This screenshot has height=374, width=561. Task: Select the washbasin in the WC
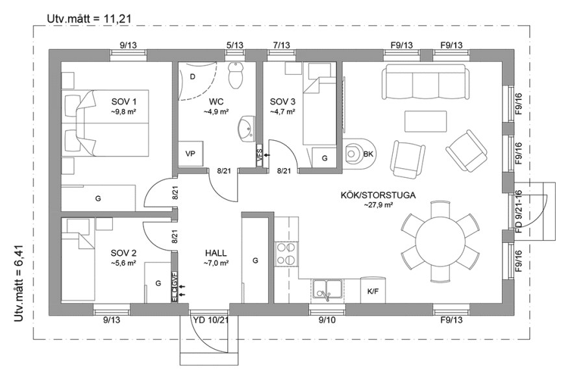[x=247, y=128]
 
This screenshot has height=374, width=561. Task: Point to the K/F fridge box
[x=373, y=291]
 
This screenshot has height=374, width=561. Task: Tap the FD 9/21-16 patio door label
[x=519, y=212]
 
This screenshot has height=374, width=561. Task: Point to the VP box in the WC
[x=190, y=154]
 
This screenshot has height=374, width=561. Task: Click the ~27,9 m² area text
[x=378, y=205]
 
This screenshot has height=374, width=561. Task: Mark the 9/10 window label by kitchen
[x=326, y=320]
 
